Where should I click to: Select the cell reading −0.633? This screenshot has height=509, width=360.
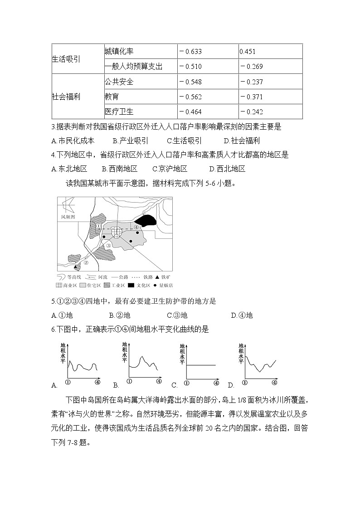[x=190, y=52]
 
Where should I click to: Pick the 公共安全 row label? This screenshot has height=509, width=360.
[x=119, y=82]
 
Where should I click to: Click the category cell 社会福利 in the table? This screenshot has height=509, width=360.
[x=66, y=97]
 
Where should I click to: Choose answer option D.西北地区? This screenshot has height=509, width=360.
[x=227, y=169]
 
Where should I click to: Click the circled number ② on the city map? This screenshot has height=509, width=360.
[x=86, y=262]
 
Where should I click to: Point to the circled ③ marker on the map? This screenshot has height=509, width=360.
[x=108, y=246]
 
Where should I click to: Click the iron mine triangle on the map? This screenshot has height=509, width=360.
[x=77, y=267]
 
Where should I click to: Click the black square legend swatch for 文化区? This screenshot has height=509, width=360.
[x=131, y=285]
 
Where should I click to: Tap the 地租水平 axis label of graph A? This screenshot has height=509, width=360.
[x=63, y=353]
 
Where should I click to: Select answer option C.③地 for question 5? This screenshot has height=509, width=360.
[x=177, y=315]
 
